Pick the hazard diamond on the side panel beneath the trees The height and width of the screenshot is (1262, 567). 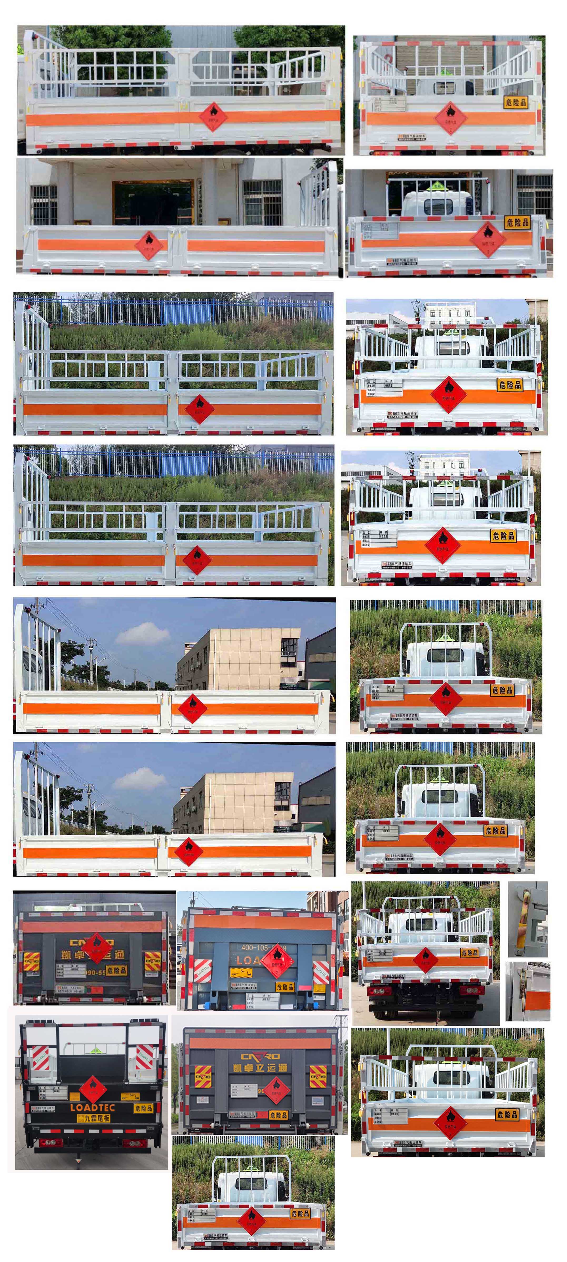[213, 116]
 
